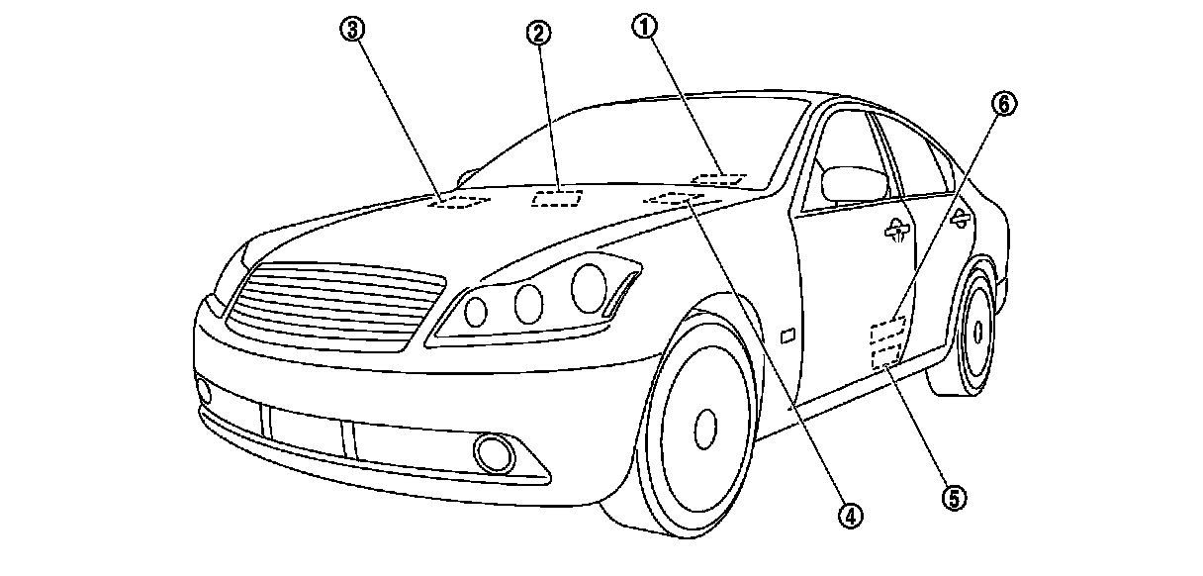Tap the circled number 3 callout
point(352,30)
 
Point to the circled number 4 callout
point(848,514)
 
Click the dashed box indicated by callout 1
point(719,179)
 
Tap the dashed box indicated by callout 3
point(459,201)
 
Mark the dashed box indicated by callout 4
point(672,200)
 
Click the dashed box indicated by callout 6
point(887,329)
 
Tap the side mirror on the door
point(853,183)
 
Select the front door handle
point(898,231)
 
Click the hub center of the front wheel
point(704,426)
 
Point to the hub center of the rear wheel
point(977,330)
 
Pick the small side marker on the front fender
point(788,336)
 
